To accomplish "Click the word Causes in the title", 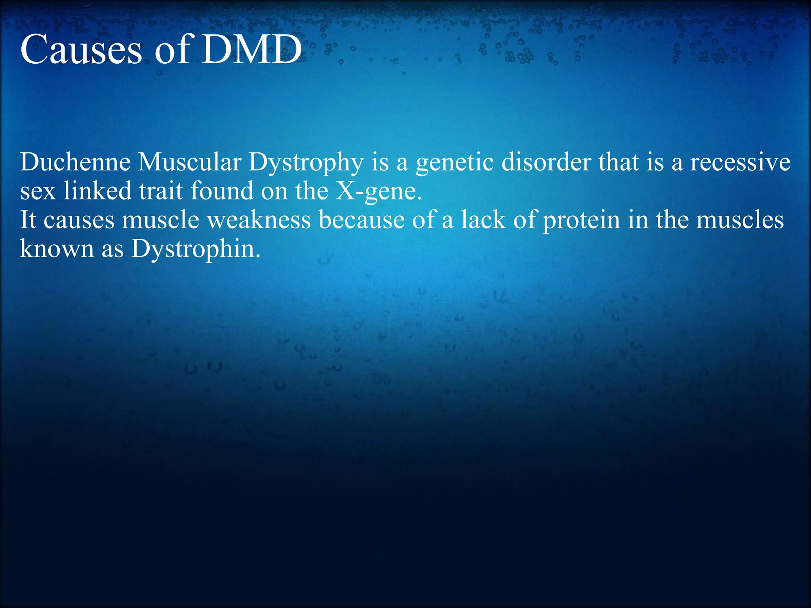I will click(81, 50).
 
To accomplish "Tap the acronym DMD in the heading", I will click(252, 50).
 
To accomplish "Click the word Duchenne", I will click(75, 162).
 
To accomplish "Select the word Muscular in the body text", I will click(190, 162).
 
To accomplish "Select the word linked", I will click(97, 191).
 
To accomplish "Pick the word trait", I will click(161, 191).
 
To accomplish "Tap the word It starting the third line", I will click(28, 220).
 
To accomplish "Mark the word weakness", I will click(259, 220).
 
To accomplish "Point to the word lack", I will click(483, 220).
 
